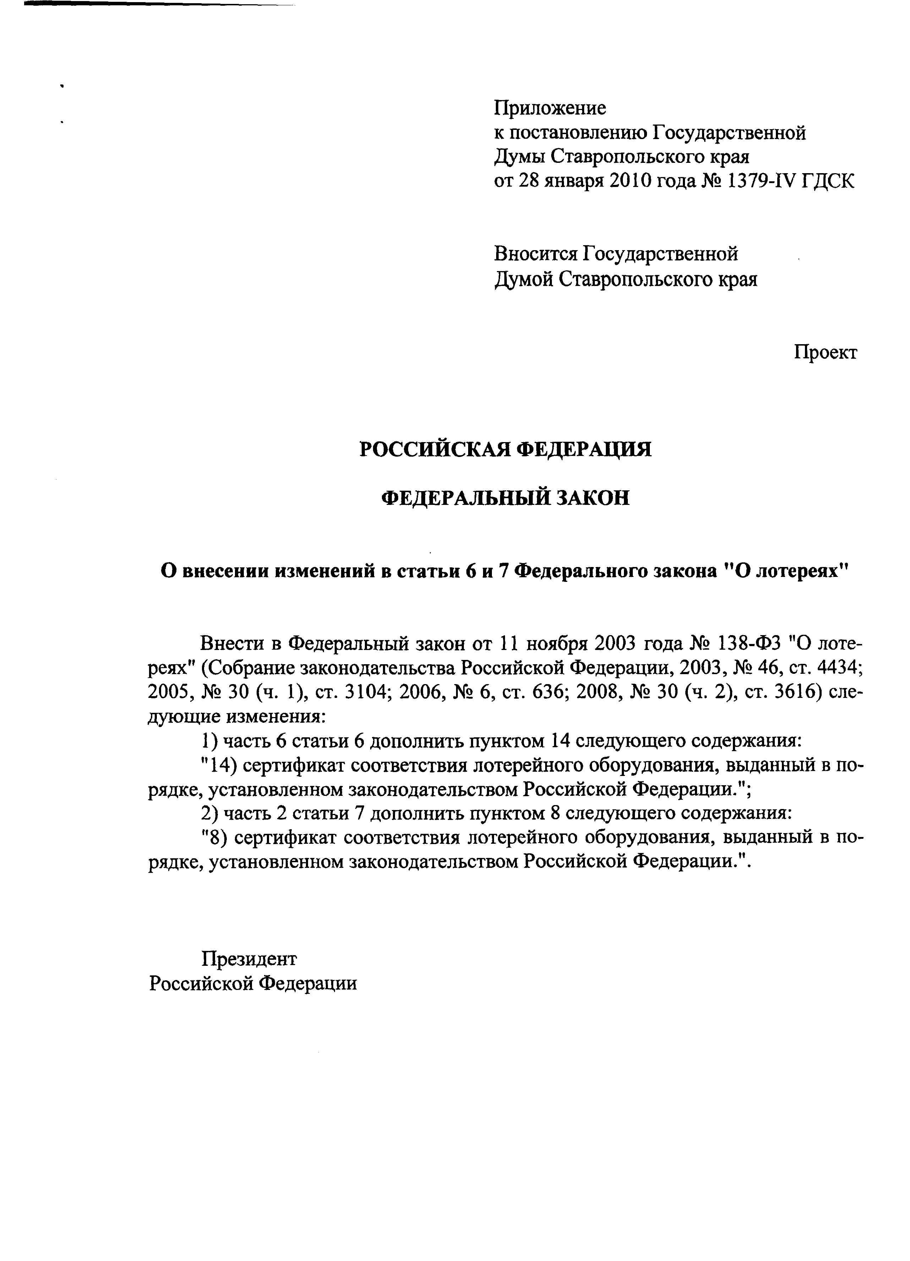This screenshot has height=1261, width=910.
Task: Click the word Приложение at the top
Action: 549,108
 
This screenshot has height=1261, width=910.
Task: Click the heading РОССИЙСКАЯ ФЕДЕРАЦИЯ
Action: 505,449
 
